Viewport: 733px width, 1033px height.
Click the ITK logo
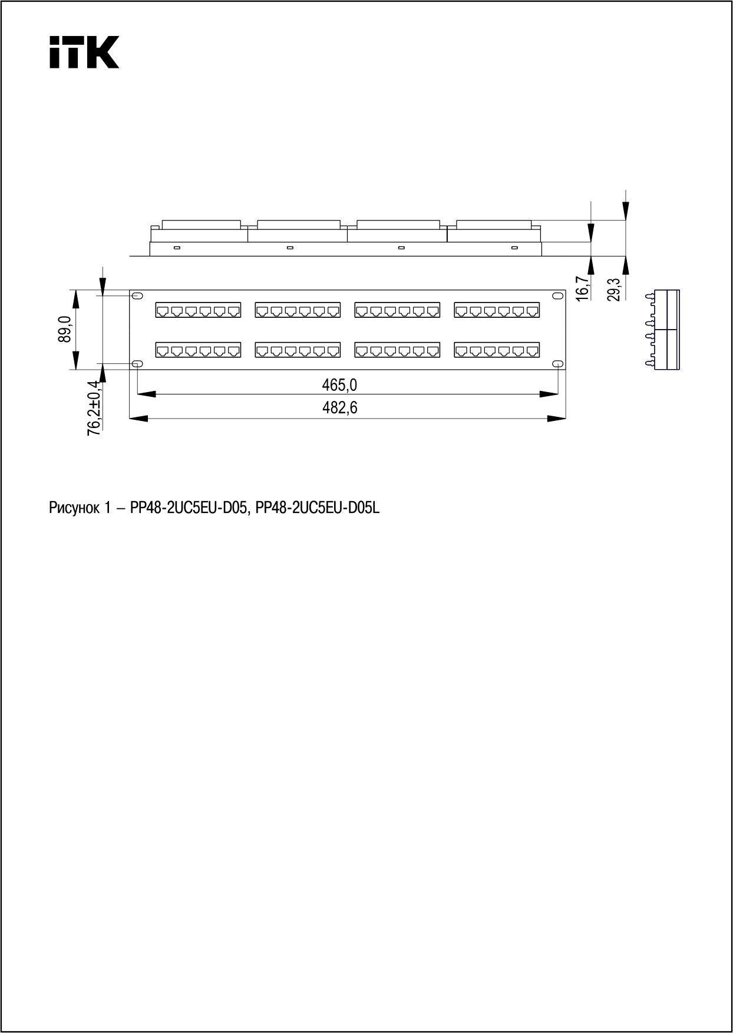(x=84, y=52)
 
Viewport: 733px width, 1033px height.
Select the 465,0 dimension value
(x=339, y=385)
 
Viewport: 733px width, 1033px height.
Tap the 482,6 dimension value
(x=339, y=407)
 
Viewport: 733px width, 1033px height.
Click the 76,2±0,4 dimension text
(x=93, y=407)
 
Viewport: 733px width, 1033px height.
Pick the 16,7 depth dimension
(x=583, y=289)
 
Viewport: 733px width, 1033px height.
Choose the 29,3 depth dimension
(x=615, y=289)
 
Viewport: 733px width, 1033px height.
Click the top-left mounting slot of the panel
(x=137, y=295)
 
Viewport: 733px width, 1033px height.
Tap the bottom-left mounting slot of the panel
(x=137, y=364)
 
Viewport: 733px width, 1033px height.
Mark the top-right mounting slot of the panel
(x=557, y=295)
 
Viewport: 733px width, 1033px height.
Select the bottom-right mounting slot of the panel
(x=557, y=364)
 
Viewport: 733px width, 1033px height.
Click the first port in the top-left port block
(x=163, y=310)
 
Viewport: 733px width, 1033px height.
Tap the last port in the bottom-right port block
(x=532, y=351)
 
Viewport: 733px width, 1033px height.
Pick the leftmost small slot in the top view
(x=177, y=247)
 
